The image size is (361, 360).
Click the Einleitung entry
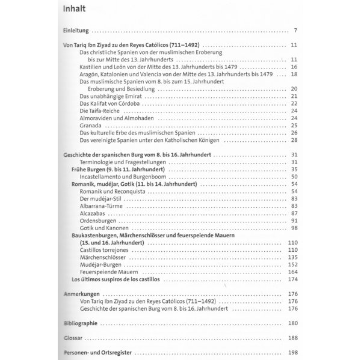point(76,29)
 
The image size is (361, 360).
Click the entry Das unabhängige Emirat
point(109,96)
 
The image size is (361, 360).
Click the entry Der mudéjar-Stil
point(101,198)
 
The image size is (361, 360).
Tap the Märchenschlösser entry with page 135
point(103,257)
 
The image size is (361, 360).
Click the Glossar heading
point(74,338)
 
